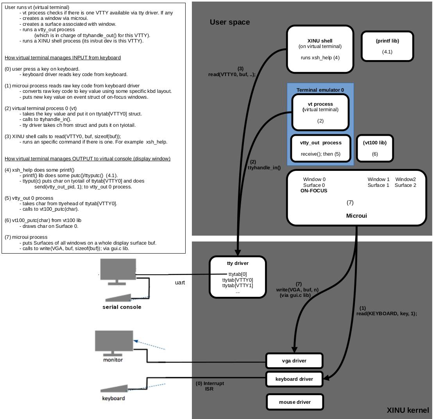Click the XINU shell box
point(320,49)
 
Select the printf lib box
point(387,46)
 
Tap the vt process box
point(320,112)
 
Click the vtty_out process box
point(320,148)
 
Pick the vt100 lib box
point(375,148)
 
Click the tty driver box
point(238,277)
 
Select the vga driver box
point(294,360)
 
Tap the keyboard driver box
point(294,379)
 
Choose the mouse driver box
point(295,402)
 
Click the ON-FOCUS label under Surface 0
point(314,191)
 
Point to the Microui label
point(356,216)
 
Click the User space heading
point(230,22)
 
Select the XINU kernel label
point(408,410)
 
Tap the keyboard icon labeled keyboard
point(114,389)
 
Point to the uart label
point(180,282)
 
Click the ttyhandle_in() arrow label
point(264,168)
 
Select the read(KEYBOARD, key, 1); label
point(386,313)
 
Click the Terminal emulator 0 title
point(320,90)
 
